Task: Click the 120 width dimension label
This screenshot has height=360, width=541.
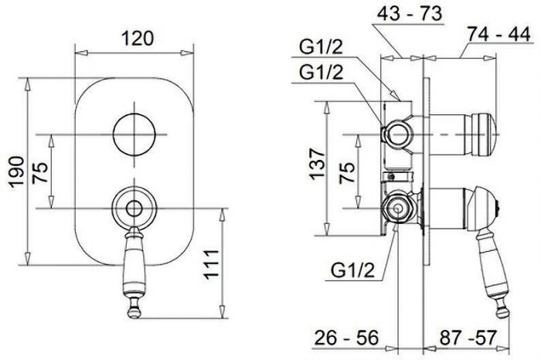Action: pos(138,39)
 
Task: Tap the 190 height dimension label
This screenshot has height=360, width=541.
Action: pos(17,172)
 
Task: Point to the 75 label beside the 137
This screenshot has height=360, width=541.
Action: pos(347,172)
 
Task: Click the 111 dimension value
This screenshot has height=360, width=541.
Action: pos(211,263)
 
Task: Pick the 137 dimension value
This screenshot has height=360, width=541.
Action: pos(318,164)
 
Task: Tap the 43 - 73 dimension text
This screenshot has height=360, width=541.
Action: pos(409,14)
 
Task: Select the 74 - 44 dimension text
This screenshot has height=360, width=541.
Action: pos(499,34)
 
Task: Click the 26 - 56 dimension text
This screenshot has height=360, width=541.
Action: pos(346,338)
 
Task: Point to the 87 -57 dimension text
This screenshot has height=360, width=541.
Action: pos(468,338)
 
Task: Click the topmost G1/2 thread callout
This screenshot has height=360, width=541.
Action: pos(321,47)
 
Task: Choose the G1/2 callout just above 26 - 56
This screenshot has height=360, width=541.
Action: pos(352,270)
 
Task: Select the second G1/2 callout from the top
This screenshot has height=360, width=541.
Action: pos(322,72)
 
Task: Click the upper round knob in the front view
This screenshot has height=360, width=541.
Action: pos(134,134)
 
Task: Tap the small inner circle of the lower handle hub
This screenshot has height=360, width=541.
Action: pos(134,209)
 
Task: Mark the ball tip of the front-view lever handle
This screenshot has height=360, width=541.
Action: pos(134,312)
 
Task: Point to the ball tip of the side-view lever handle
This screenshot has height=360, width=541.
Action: pos(503,312)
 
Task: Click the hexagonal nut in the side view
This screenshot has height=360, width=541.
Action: pos(397,209)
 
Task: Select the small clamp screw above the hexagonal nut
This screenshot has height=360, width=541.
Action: pos(391,177)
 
